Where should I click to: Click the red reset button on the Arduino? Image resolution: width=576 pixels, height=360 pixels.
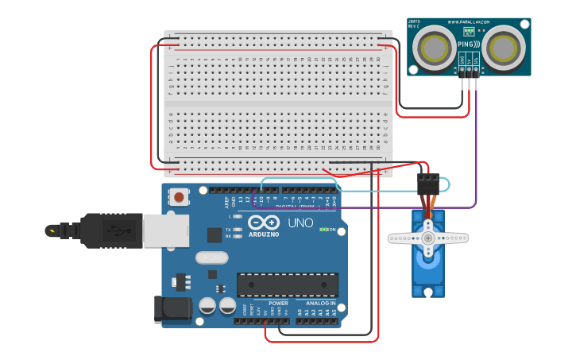pos(180,196)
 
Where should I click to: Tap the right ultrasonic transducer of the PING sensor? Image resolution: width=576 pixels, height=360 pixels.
pos(504,46)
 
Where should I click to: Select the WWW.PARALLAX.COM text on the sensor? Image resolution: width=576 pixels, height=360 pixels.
pos(469,22)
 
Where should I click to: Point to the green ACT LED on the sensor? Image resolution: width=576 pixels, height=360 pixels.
pos(469,31)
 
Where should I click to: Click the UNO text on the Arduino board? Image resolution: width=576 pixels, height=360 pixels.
pos(300,223)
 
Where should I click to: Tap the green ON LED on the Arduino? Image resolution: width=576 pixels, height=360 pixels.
pos(323,230)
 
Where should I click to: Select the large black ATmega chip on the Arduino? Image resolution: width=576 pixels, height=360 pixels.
pos(288,285)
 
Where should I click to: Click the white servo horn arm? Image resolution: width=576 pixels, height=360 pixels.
pos(427,238)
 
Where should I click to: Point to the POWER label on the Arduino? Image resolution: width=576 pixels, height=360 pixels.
pos(278,304)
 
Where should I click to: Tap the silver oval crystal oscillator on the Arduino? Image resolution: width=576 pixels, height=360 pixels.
pos(211,257)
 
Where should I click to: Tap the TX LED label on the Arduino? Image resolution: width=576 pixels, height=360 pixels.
pos(228,229)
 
